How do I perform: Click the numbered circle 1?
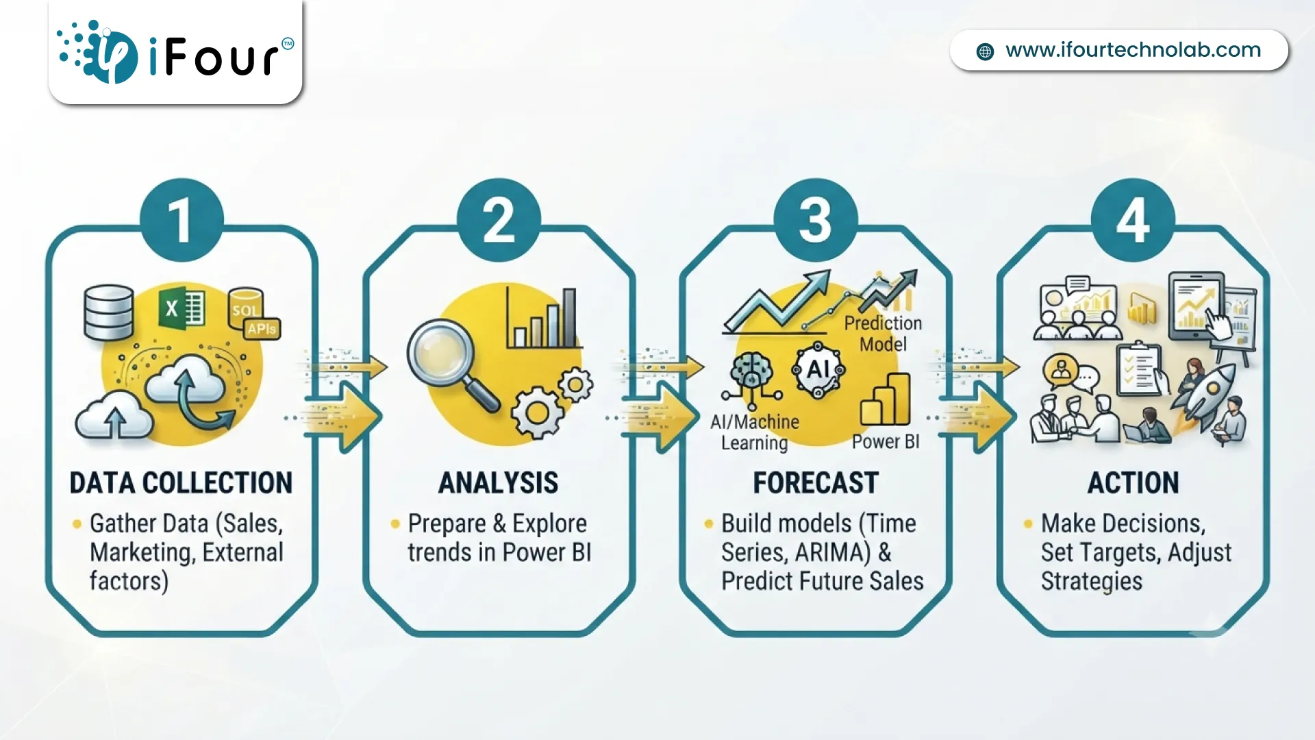pyautogui.click(x=181, y=220)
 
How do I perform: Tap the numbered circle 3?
pyautogui.click(x=815, y=220)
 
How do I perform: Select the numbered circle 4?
pyautogui.click(x=1133, y=220)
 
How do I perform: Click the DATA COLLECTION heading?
pyautogui.click(x=181, y=483)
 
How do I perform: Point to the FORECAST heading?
pyautogui.click(x=816, y=483)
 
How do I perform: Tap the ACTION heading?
pyautogui.click(x=1134, y=483)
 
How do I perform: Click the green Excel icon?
pyautogui.click(x=181, y=308)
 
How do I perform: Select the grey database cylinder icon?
pyautogui.click(x=108, y=313)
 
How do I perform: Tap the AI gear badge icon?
pyautogui.click(x=818, y=370)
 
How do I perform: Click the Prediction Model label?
pyautogui.click(x=883, y=334)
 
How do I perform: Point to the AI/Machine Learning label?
pyautogui.click(x=755, y=432)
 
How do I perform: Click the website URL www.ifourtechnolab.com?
pyautogui.click(x=1133, y=50)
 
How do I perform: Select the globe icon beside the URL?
pyautogui.click(x=985, y=51)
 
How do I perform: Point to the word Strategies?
pyautogui.click(x=1092, y=582)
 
